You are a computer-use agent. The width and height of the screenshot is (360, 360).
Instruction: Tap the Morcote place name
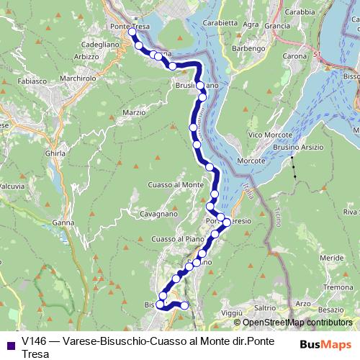[252, 160]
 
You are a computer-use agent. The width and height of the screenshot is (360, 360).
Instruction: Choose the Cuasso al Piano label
[174, 239]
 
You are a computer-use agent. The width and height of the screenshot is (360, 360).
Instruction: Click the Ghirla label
[55, 153]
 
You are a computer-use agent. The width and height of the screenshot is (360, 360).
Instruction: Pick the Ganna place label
[63, 222]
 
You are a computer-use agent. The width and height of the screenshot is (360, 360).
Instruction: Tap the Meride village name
[332, 257]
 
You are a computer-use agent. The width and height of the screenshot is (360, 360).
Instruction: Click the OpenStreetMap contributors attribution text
[297, 323]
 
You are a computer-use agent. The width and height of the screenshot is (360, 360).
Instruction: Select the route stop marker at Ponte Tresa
[132, 32]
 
